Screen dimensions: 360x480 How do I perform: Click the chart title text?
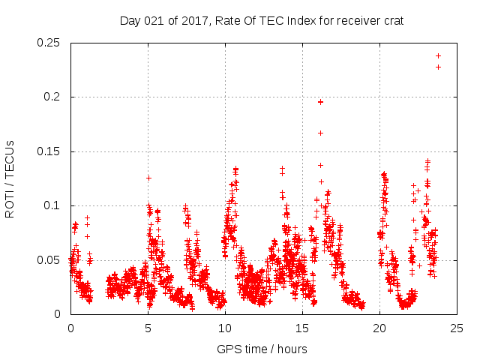coord(262,20)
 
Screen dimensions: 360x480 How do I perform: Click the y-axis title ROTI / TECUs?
coord(10,178)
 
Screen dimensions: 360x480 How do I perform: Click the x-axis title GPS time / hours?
coord(262,349)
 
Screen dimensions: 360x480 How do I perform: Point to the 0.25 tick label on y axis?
coord(49,43)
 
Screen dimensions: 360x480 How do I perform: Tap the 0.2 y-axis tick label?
coord(52,97)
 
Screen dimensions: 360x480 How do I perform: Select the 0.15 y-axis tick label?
coord(49,151)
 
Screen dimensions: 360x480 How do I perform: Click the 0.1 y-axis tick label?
coord(52,205)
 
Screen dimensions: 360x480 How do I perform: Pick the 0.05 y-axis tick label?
coord(49,260)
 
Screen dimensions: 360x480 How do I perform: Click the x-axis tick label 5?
coord(148,328)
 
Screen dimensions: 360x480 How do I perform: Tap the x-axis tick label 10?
coord(225,328)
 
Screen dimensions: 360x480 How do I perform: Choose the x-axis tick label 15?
coord(302,328)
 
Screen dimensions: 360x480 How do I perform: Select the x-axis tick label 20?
coord(379,328)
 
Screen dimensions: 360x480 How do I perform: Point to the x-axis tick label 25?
coord(457,328)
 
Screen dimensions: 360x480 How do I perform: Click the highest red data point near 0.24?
coord(438,55)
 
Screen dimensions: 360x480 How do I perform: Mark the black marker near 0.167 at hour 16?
coord(320,133)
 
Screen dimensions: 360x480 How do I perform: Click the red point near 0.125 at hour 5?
coord(148,178)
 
